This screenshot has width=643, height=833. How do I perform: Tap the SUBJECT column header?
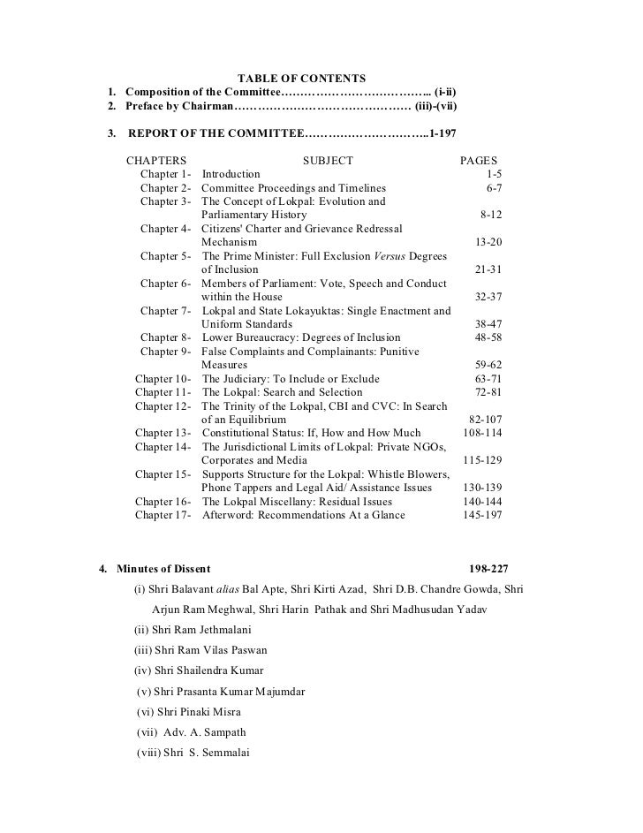328,161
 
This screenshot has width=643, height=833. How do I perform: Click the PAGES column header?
479,161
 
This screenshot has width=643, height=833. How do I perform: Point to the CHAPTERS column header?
156,161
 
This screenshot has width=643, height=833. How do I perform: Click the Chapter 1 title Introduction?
231,175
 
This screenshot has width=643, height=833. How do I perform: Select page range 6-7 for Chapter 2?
494,188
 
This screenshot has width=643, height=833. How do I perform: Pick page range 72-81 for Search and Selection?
488,392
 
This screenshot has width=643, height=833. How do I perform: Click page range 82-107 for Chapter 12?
484,420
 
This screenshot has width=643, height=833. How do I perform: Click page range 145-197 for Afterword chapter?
482,515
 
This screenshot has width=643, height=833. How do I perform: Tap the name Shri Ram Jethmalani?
202,630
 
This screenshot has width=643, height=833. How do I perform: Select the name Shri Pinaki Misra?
199,711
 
